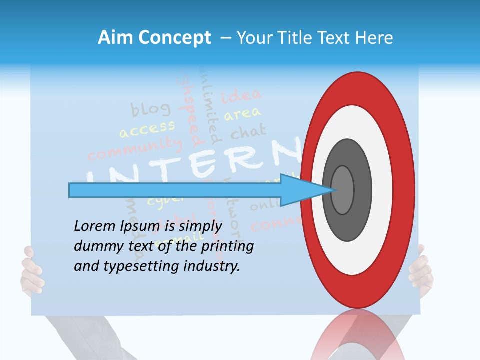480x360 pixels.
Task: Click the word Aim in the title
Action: coord(115,38)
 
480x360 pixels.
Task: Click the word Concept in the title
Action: coord(174,38)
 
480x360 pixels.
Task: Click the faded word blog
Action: coord(150,109)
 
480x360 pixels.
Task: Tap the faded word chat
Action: coord(248,133)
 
